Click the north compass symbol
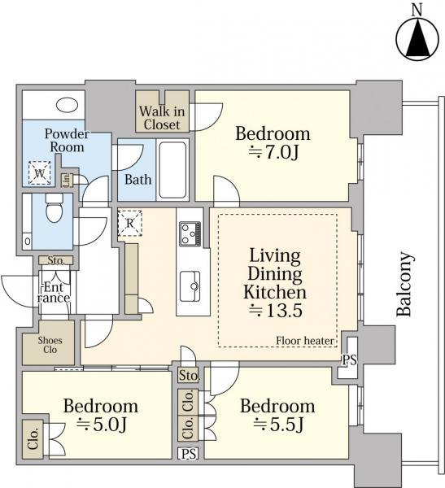point(417,38)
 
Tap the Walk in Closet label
point(162,118)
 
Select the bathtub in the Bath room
point(172,170)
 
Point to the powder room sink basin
point(68,105)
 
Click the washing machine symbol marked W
point(40,173)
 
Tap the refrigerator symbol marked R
point(130,223)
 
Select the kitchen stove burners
point(190,233)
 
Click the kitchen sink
point(190,286)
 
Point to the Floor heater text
point(305,341)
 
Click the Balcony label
point(405,284)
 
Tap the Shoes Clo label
point(50,345)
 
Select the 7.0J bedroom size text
point(273,153)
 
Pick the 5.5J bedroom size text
point(278,425)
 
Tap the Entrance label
point(54,293)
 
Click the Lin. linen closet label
point(67,180)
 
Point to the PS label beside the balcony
point(349,360)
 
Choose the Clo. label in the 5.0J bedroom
point(33,439)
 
